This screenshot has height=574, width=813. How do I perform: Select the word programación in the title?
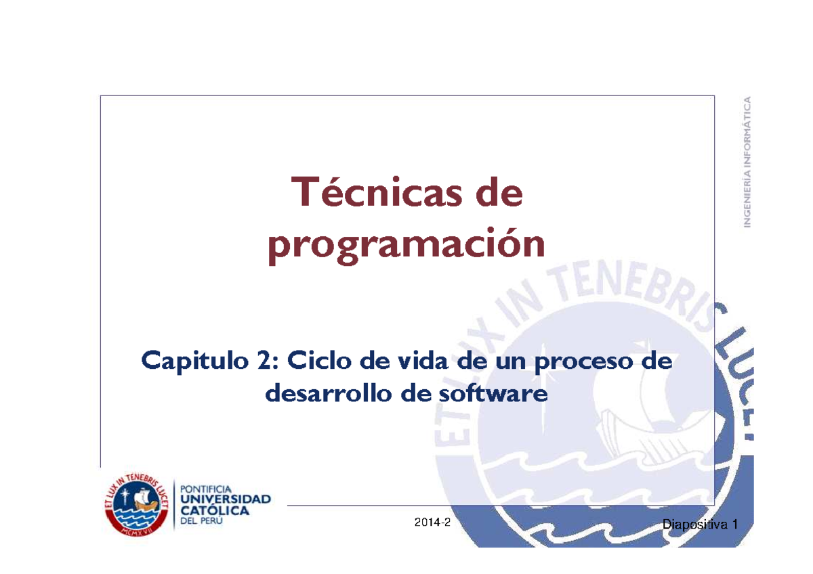click(x=406, y=246)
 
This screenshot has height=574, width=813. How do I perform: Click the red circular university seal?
click(x=136, y=504)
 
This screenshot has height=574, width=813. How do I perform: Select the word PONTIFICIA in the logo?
click(x=205, y=487)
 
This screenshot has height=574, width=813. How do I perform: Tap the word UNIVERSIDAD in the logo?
click(x=225, y=499)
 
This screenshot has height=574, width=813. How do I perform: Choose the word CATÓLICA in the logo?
click(x=214, y=511)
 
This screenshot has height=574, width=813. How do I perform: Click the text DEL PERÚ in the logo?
click(x=201, y=522)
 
